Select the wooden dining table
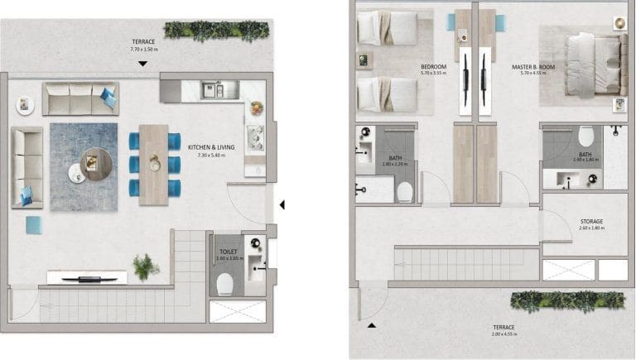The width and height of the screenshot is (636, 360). [154, 164]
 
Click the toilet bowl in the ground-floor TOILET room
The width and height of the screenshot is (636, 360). [224, 284]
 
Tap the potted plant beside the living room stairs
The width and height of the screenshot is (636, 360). [146, 266]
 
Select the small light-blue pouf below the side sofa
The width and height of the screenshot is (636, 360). [35, 224]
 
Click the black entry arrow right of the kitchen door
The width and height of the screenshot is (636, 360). [282, 204]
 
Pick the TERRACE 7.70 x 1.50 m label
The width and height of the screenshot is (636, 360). [143, 46]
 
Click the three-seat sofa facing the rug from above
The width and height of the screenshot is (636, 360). [80, 98]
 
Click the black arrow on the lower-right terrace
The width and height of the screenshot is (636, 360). [371, 325]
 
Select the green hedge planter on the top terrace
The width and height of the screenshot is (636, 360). [217, 30]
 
